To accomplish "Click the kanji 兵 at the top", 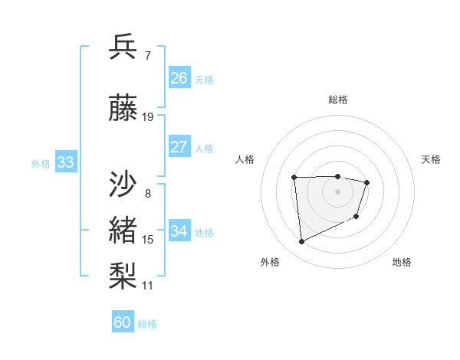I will pyautogui.click(x=123, y=47).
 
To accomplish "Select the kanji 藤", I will pyautogui.click(x=123, y=110).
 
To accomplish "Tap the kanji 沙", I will pyautogui.click(x=123, y=186).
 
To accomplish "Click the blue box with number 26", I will pyautogui.click(x=179, y=78).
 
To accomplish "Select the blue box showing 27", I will pyautogui.click(x=179, y=147).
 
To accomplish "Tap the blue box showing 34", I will pyautogui.click(x=179, y=231).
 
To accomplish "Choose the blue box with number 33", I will pyautogui.click(x=65, y=162).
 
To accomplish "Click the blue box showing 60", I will pyautogui.click(x=123, y=322).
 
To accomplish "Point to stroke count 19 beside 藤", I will pyautogui.click(x=148, y=117).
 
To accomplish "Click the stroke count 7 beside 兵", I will pyautogui.click(x=147, y=54).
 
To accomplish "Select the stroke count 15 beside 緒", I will pyautogui.click(x=148, y=240).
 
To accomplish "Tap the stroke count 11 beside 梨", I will pyautogui.click(x=148, y=286).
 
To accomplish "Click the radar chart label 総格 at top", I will pyautogui.click(x=337, y=100).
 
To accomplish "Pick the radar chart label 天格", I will pyautogui.click(x=431, y=159).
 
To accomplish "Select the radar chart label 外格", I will pyautogui.click(x=270, y=262).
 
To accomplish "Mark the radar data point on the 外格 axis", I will pyautogui.click(x=301, y=242).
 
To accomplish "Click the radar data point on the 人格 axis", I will pyautogui.click(x=294, y=178).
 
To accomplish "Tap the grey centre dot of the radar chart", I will pyautogui.click(x=337, y=191).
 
